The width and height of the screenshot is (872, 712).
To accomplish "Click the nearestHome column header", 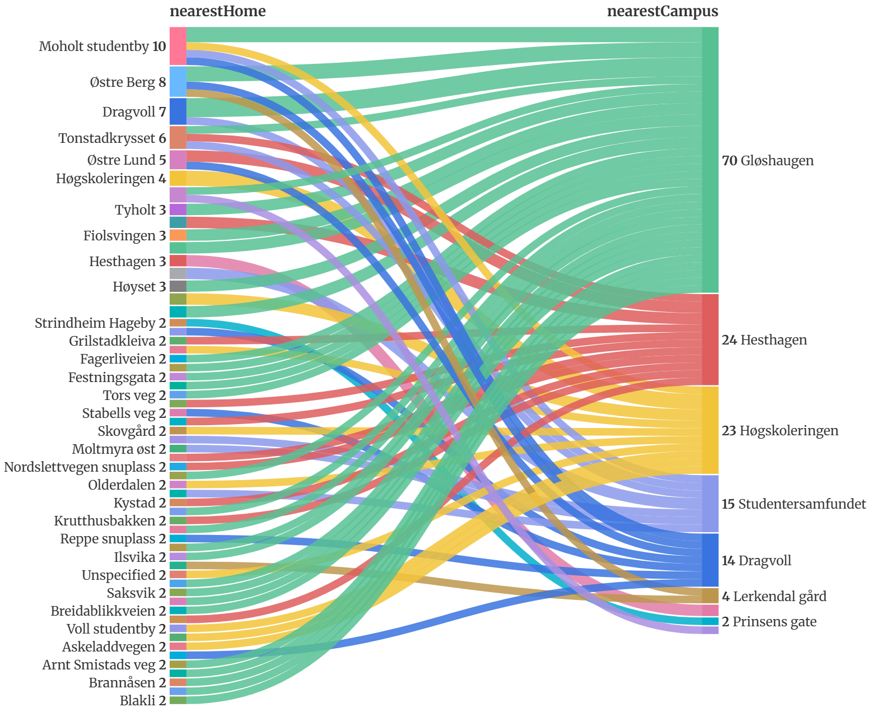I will pyautogui.click(x=217, y=11).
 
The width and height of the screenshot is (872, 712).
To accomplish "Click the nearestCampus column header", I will pyautogui.click(x=663, y=11).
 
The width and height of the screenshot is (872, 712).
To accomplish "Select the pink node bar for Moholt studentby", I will pyautogui.click(x=178, y=46).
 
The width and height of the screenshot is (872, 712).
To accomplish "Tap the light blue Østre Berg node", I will pyautogui.click(x=178, y=82).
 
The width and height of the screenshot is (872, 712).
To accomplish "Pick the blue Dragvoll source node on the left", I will pyautogui.click(x=178, y=111).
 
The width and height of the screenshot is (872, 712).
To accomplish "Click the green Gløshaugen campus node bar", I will pyautogui.click(x=710, y=160).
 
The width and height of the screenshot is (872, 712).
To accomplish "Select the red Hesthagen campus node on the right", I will pyautogui.click(x=710, y=339).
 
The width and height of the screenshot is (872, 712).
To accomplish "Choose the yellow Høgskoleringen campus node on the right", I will pyautogui.click(x=710, y=430).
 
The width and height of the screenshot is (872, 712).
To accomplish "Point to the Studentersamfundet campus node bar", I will pyautogui.click(x=710, y=504).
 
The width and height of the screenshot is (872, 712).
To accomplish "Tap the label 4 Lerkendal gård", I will pyautogui.click(x=774, y=596).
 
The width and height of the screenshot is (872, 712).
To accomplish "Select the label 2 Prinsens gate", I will pyautogui.click(x=768, y=622).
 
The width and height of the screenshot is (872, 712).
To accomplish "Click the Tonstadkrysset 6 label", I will pyautogui.click(x=112, y=138).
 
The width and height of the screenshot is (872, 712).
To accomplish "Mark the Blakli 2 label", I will pyautogui.click(x=143, y=701).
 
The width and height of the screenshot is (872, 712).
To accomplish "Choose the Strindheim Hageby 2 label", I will pyautogui.click(x=100, y=323).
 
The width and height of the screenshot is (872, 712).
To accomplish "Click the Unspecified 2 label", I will pyautogui.click(x=124, y=575).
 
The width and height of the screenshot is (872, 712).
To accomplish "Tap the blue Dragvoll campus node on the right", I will pyautogui.click(x=710, y=560).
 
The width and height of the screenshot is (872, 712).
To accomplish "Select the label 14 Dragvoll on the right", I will pyautogui.click(x=756, y=561).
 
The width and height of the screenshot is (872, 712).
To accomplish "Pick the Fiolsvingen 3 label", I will pyautogui.click(x=124, y=236).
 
